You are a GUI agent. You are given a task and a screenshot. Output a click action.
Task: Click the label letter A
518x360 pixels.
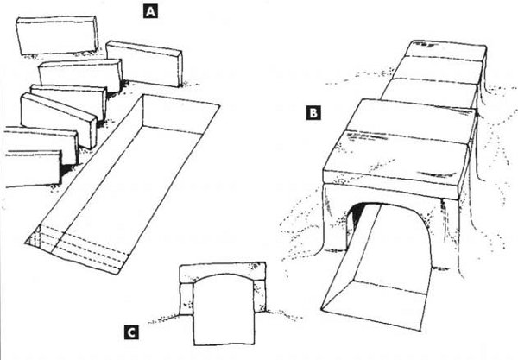150,12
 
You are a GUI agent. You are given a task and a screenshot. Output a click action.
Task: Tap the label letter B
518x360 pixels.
313,113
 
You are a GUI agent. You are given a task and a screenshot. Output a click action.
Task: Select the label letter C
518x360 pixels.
131,332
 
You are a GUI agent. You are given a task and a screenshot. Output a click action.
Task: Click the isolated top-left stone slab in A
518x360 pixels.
57,35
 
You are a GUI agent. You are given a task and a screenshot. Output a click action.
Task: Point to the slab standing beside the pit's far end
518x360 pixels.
144,63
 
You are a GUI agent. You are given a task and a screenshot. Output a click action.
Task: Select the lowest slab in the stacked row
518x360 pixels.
33,168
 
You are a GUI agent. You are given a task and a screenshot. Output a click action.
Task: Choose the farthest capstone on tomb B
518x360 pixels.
445,51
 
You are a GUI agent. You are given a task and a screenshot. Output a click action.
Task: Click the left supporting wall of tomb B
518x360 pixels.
334,218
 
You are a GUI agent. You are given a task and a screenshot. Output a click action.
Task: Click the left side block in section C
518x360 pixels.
186,299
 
